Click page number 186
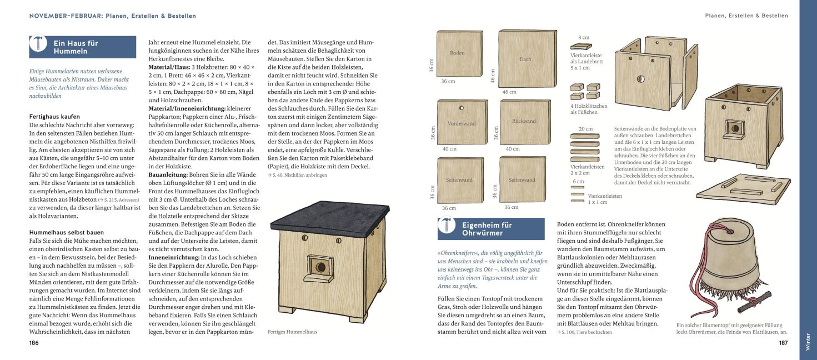pyautogui.click(x=34, y=343)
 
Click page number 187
pyautogui.click(x=783, y=343)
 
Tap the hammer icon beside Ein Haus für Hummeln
pyautogui.click(x=38, y=47)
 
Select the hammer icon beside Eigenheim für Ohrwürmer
pyautogui.click(x=447, y=229)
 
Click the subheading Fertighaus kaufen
pyautogui.click(x=54, y=117)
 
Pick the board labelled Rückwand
pyautogui.click(x=524, y=122)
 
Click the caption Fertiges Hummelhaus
pyautogui.click(x=292, y=332)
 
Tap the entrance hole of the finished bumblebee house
pyautogui.click(x=320, y=268)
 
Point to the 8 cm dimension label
pyautogui.click(x=583, y=37)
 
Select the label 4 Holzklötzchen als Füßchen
pyautogui.click(x=589, y=109)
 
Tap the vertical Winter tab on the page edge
pyautogui.click(x=808, y=341)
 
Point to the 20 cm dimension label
pyautogui.click(x=585, y=129)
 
